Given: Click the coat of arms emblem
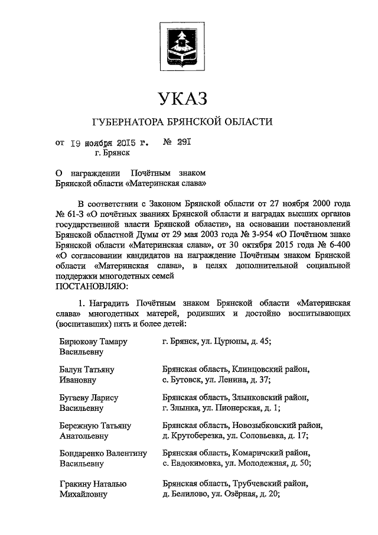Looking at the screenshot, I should tap(182, 46).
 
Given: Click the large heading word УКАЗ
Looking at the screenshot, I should tap(182, 98).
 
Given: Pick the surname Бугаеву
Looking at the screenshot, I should tap(76, 397).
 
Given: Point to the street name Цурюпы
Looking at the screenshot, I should tap(232, 342).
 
